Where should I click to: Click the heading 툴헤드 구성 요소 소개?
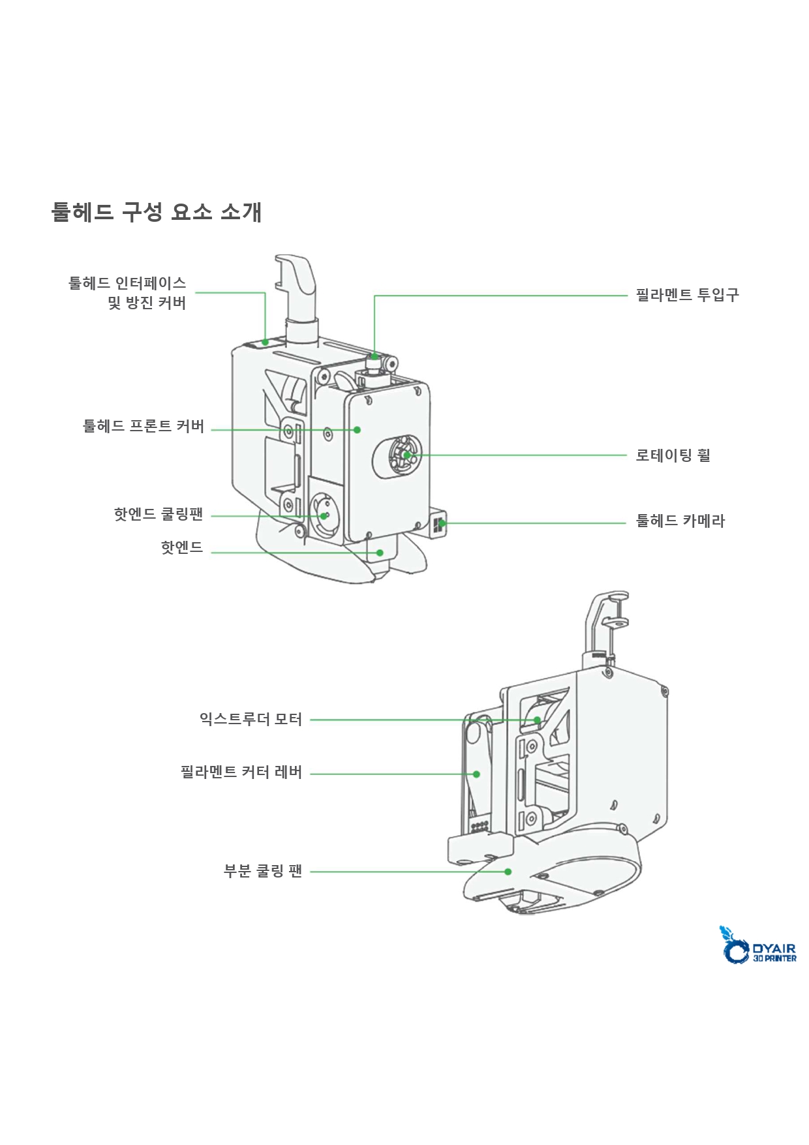pyautogui.click(x=157, y=212)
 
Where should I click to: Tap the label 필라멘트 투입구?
pyautogui.click(x=687, y=295)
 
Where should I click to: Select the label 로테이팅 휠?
pyautogui.click(x=673, y=455)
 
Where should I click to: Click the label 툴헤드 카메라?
pyautogui.click(x=680, y=521)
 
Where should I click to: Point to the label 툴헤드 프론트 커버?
pyautogui.click(x=144, y=426)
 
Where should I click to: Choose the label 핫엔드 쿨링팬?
pyautogui.click(x=159, y=514)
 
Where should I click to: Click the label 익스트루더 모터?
pyautogui.click(x=251, y=719)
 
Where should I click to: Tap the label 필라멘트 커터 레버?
pyautogui.click(x=241, y=772)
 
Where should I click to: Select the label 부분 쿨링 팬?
pyautogui.click(x=263, y=871)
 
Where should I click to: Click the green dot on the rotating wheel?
pyautogui.click(x=406, y=455)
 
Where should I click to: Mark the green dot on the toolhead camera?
pyautogui.click(x=442, y=523)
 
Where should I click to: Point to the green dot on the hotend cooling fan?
pyautogui.click(x=324, y=516)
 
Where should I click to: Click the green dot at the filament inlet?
pyautogui.click(x=374, y=356)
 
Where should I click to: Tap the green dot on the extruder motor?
pyautogui.click(x=538, y=720)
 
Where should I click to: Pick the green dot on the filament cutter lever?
pyautogui.click(x=477, y=774)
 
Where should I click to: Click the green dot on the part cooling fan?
pyautogui.click(x=508, y=872)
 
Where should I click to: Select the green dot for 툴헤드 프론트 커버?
pyautogui.click(x=358, y=430)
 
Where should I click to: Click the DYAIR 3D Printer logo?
pyautogui.click(x=758, y=945)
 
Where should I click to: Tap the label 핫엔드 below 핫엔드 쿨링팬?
pyautogui.click(x=182, y=547)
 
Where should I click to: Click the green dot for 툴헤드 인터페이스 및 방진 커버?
pyautogui.click(x=266, y=342)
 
